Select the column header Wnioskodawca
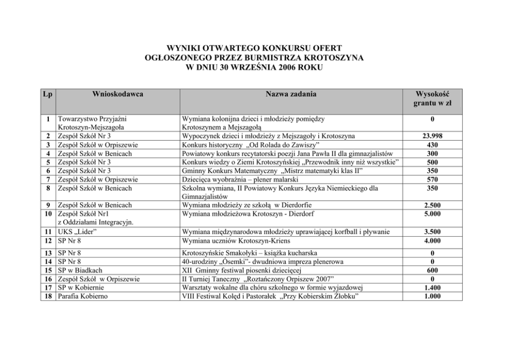click(118, 94)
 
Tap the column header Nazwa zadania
click(291, 94)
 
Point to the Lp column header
click(48, 94)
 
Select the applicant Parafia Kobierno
click(83, 296)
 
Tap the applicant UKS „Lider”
click(77, 232)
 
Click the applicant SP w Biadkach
click(80, 270)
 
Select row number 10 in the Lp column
click(48, 214)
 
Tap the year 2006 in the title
click(285, 68)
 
